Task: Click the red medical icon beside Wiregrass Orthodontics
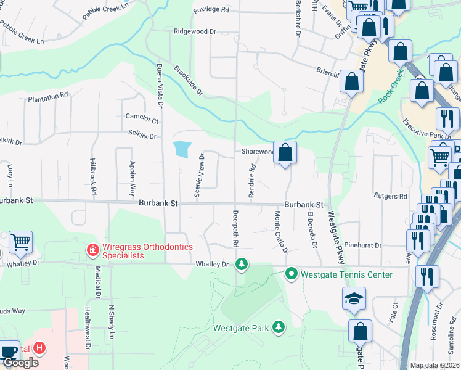[92, 250]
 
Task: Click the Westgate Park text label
[241, 328]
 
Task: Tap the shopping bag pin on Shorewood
[285, 154]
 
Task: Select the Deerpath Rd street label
[235, 229]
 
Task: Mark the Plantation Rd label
[48, 97]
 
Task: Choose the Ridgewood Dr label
[195, 31]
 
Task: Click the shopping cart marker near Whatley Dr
[20, 242]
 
